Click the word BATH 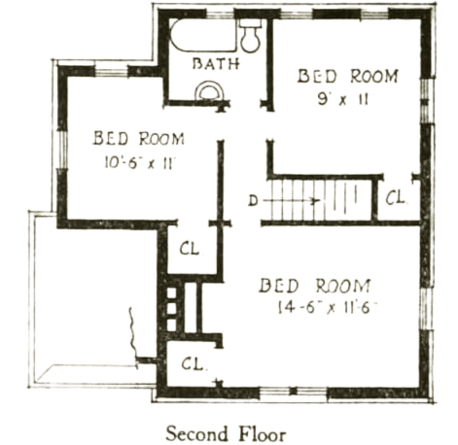[x=216, y=63]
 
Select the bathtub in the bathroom [x=203, y=35]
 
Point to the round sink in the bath [x=210, y=91]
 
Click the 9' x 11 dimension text [x=343, y=99]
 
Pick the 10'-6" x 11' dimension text [x=139, y=161]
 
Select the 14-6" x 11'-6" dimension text [x=328, y=308]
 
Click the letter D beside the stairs [x=253, y=201]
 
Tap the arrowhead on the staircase [x=315, y=201]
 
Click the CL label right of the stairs [x=395, y=197]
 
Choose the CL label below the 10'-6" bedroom [x=190, y=249]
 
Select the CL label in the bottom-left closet [x=194, y=363]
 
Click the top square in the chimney [x=171, y=293]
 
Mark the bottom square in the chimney [x=171, y=325]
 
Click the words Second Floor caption [x=226, y=433]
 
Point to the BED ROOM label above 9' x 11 [x=347, y=76]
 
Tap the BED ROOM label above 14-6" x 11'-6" [x=314, y=286]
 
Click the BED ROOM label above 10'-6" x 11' [x=139, y=138]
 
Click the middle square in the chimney [x=171, y=309]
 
